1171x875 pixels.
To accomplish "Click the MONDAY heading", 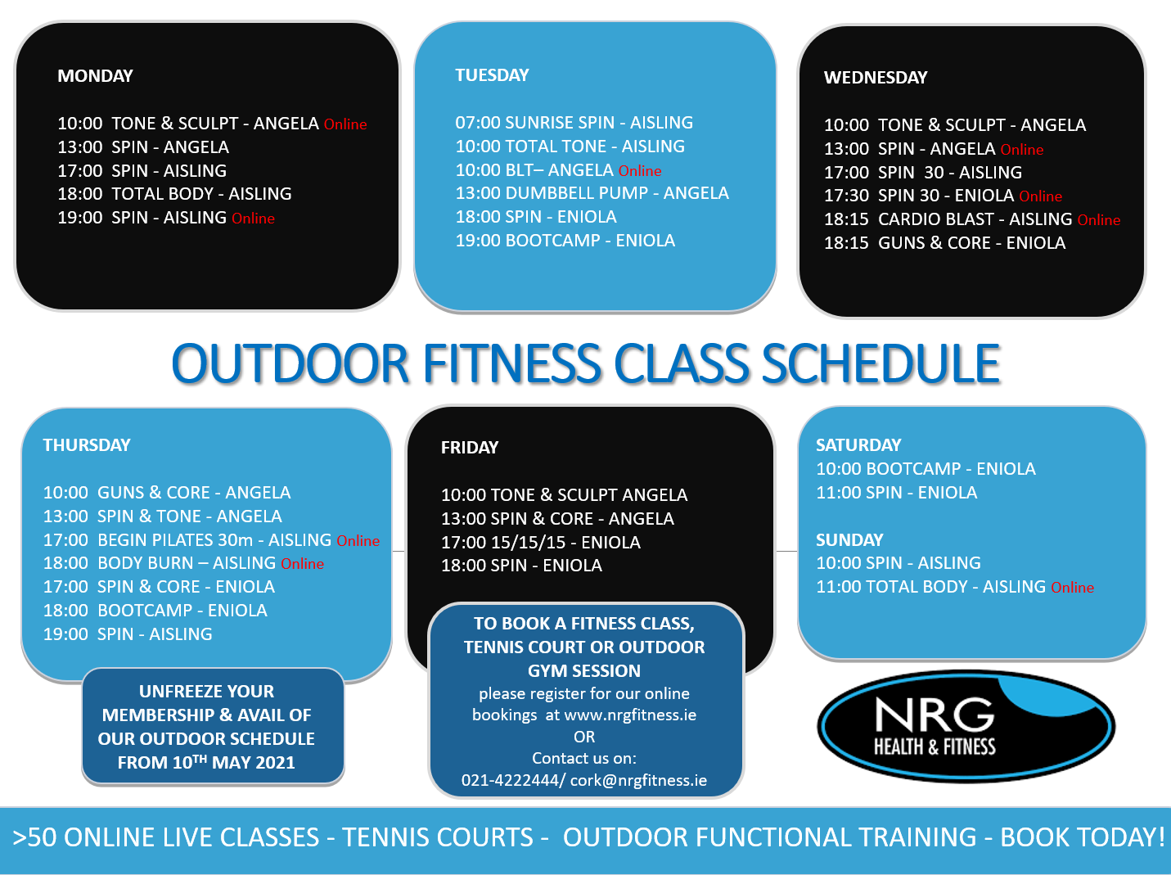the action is point(95,76).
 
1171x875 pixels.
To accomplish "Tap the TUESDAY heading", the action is point(492,74).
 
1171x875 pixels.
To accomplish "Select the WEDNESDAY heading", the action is point(876,78).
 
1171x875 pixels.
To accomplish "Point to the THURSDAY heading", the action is point(87,445).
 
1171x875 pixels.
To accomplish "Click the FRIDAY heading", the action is point(470,447).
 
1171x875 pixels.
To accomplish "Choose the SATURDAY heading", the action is point(858,445).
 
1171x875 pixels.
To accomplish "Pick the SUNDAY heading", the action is point(849,540).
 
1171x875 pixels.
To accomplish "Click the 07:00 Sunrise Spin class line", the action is point(574,123).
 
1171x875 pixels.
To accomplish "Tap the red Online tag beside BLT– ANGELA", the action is point(640,171).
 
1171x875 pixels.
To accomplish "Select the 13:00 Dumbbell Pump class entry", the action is point(592,193).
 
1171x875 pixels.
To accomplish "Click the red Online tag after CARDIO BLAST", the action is point(1098,220).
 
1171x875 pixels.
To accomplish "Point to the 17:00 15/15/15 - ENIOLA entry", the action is point(540,542).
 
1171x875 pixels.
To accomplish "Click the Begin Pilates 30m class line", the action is point(187,540).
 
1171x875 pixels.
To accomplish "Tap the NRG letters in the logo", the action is point(935,714).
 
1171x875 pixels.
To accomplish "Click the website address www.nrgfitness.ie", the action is point(630,715).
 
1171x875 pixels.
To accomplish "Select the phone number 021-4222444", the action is point(510,781).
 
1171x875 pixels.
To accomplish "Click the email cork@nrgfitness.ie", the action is point(638,781).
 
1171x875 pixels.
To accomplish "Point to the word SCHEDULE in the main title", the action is point(881,363).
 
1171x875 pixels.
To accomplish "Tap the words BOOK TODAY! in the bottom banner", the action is point(1083,837).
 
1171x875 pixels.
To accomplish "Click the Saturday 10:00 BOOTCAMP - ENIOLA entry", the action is point(926,468).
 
